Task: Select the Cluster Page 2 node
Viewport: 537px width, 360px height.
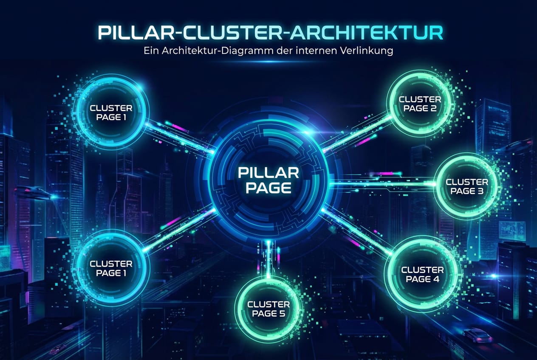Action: click(420, 104)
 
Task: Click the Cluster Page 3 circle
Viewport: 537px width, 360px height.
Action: click(466, 186)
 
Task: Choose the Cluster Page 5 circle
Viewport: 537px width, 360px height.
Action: click(268, 309)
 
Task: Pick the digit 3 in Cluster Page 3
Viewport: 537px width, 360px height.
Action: click(480, 191)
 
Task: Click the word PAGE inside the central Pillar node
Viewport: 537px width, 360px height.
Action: click(268, 187)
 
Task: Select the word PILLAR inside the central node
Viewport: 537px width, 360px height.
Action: click(268, 173)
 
